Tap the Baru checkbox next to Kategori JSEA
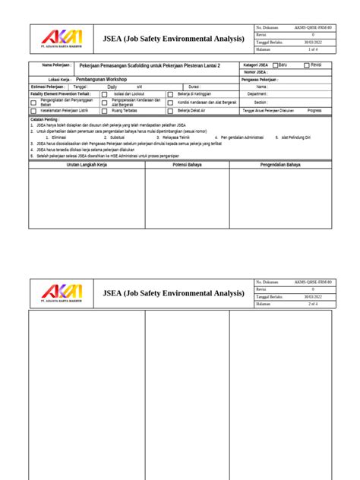[276, 65]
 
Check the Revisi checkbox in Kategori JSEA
[307, 65]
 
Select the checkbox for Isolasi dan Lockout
[105, 94]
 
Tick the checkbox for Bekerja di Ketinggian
[170, 94]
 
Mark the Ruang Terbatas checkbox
[105, 110]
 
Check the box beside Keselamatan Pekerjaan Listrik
[33, 110]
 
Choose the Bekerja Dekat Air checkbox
[170, 110]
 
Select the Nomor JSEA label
[256, 72]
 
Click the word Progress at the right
[314, 110]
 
